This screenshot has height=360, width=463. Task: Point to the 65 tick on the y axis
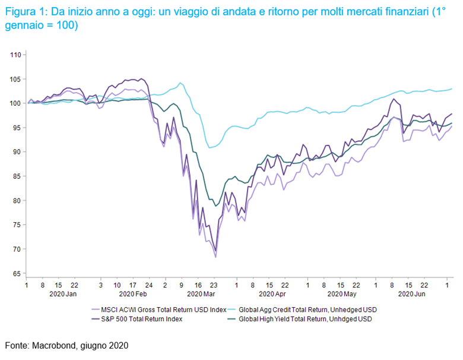click(17, 273)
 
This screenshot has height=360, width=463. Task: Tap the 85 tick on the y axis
click(17, 176)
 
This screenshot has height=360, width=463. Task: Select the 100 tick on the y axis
click(15, 103)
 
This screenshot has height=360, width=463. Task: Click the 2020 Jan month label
click(62, 294)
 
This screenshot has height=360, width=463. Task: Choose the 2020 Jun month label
click(412, 294)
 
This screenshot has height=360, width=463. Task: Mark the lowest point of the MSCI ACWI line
click(215, 257)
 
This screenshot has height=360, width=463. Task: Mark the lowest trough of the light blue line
click(211, 147)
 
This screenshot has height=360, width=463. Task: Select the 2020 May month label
click(342, 294)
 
